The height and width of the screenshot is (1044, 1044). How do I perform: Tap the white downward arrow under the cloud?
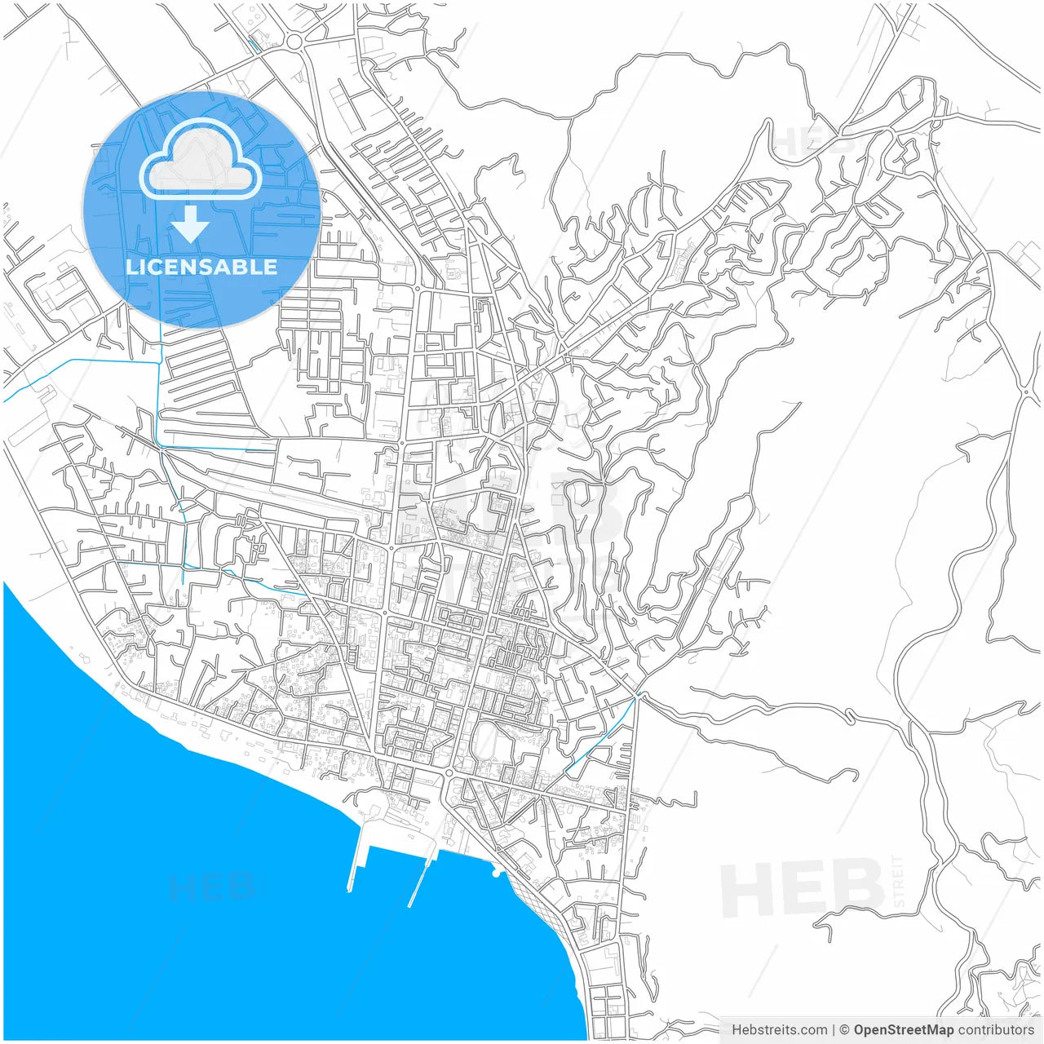point(191,224)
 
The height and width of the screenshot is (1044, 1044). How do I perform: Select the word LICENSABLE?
point(201,268)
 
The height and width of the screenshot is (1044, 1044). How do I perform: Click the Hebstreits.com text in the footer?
point(779,1029)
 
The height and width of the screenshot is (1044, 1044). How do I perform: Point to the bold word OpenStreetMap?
point(903,1029)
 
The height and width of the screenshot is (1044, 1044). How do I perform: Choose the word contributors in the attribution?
point(996,1029)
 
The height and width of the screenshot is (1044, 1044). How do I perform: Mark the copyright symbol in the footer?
point(844,1029)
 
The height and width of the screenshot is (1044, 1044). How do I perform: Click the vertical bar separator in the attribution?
point(834,1029)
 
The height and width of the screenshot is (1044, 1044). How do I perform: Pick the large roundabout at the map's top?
point(294,41)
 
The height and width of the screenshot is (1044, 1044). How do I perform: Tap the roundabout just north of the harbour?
point(449,772)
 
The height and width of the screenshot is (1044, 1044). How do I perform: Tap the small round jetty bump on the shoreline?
point(496,874)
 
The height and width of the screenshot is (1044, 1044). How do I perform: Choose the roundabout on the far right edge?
point(1025,392)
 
